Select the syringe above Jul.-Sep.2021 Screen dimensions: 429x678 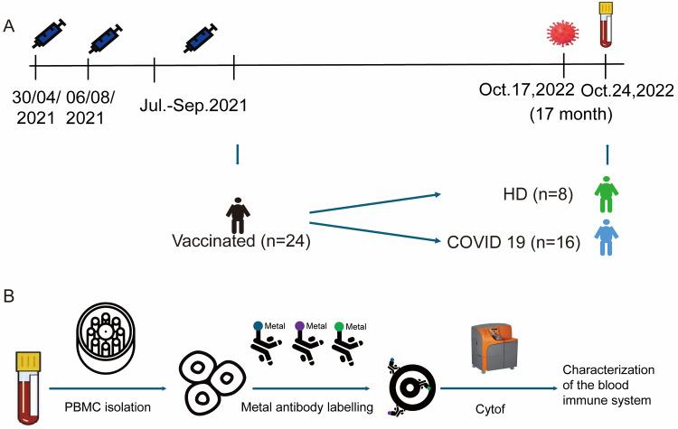205,36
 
